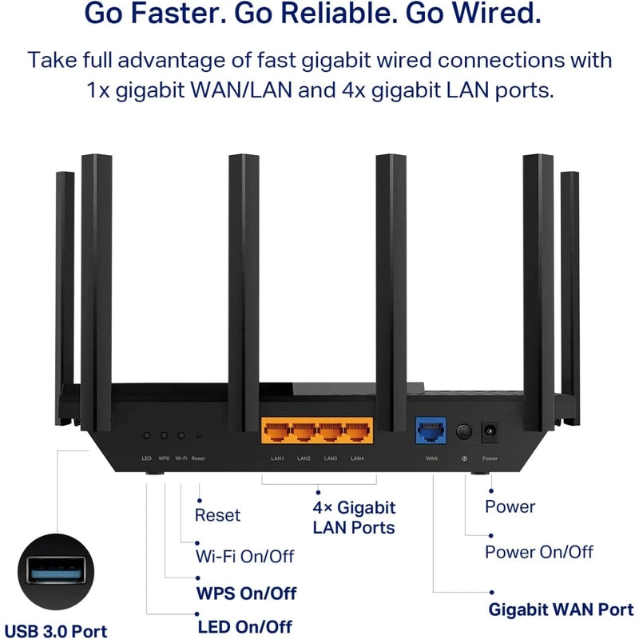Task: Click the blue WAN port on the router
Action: (431, 432)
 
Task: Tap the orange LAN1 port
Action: (276, 433)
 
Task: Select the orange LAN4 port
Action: (356, 433)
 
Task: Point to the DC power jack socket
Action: (490, 432)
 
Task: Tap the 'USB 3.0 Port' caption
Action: (55, 632)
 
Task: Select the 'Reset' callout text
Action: (217, 515)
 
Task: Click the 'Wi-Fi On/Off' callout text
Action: (244, 555)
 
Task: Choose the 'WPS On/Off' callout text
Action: (246, 593)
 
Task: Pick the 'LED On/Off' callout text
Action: (244, 627)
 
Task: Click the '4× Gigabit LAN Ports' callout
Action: (354, 517)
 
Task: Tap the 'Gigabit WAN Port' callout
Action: (561, 610)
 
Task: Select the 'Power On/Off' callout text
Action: (539, 551)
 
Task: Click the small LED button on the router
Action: (147, 435)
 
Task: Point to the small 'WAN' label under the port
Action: (431, 458)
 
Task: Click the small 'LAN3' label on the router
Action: (330, 458)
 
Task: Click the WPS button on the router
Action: (164, 435)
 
